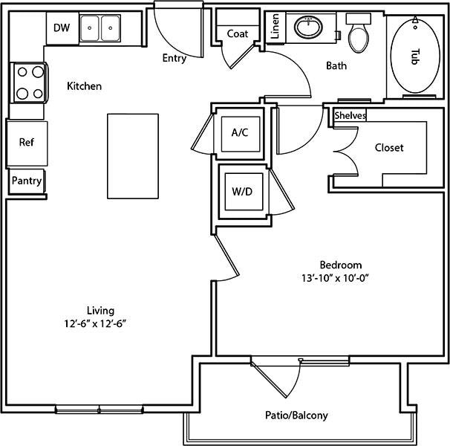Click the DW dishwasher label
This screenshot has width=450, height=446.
click(x=62, y=28)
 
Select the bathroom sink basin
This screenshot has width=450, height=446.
click(x=308, y=28)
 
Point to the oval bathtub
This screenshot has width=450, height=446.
click(x=415, y=56)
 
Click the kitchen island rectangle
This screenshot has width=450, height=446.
click(x=133, y=156)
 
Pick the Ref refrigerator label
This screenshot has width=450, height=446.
click(x=27, y=142)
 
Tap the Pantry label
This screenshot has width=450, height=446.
click(x=27, y=181)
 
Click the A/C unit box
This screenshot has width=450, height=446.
click(x=241, y=134)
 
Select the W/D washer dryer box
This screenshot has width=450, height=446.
click(x=244, y=191)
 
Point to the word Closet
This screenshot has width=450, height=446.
click(x=389, y=148)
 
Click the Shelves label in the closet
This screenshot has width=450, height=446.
click(x=350, y=115)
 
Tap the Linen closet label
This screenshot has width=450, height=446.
click(x=275, y=26)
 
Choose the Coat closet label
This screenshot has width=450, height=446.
click(x=238, y=33)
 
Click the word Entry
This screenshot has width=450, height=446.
click(x=175, y=58)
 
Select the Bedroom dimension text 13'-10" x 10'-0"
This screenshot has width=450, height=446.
click(x=335, y=278)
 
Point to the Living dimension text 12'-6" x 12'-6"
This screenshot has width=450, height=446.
click(x=95, y=323)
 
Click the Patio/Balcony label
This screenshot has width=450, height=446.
click(x=296, y=416)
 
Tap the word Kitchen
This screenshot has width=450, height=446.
click(x=84, y=86)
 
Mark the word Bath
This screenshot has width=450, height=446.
click(x=336, y=66)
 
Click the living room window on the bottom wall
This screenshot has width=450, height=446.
click(x=99, y=410)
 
